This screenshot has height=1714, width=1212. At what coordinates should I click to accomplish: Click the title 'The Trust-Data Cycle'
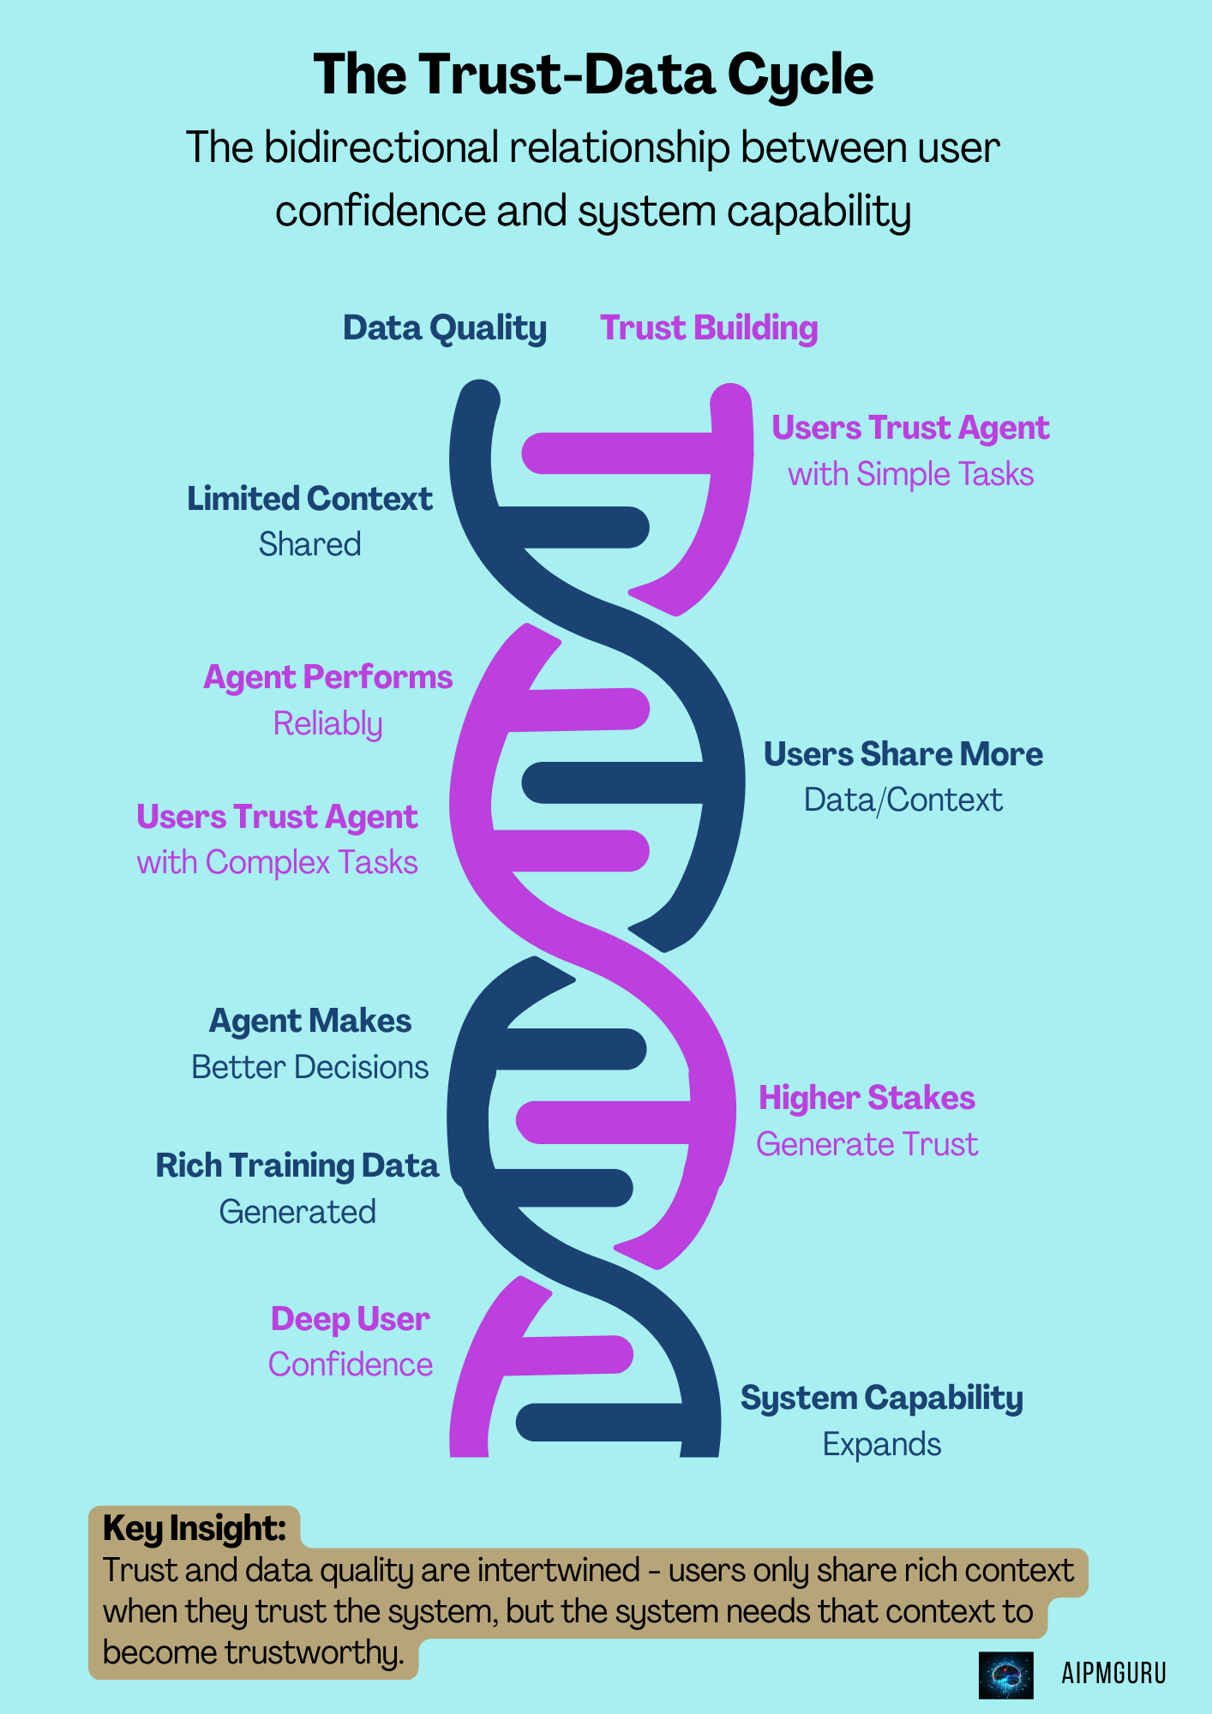click(593, 75)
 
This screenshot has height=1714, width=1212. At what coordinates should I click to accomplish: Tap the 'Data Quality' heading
click(444, 328)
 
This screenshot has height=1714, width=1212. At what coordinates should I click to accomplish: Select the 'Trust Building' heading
click(709, 328)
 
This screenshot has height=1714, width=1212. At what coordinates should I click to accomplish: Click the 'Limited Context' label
click(309, 499)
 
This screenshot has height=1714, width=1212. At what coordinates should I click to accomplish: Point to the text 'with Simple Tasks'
click(910, 475)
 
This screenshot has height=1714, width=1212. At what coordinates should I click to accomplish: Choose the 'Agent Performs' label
click(327, 678)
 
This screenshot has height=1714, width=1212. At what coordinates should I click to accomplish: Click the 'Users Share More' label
click(903, 754)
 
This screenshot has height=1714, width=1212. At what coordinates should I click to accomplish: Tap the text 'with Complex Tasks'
click(277, 863)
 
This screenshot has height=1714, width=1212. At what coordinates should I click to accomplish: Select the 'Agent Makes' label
click(310, 1022)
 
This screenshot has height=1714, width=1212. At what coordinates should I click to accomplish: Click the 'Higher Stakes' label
click(867, 1099)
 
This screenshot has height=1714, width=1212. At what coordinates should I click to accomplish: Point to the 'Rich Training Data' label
click(297, 1166)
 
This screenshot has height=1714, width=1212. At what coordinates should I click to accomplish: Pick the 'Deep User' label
click(350, 1320)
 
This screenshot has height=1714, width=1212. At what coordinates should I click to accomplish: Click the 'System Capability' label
click(881, 1399)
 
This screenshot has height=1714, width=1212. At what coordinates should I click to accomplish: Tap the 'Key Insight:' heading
click(194, 1528)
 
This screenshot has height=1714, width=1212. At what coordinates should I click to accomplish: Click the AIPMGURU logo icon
click(1005, 1675)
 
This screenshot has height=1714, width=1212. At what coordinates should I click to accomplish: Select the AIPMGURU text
click(1113, 1674)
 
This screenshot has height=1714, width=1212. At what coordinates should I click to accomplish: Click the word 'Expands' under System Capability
click(881, 1445)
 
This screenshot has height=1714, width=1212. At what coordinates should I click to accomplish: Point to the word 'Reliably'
click(327, 724)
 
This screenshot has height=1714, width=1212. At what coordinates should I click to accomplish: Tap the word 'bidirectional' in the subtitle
click(381, 148)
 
